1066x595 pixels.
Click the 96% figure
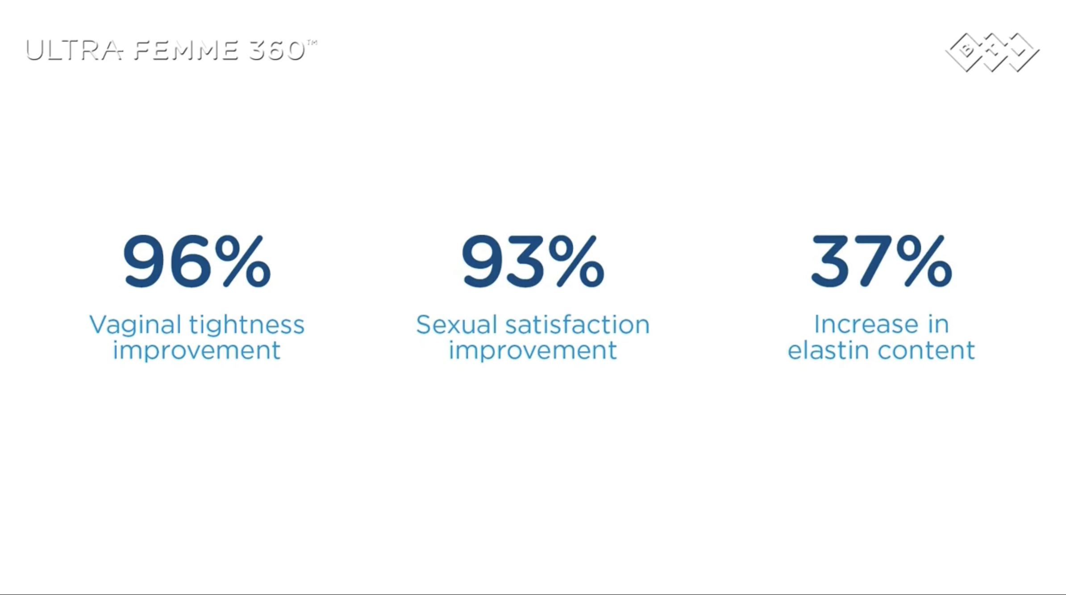point(197,261)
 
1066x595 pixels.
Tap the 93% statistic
point(533,261)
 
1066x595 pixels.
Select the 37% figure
point(881,261)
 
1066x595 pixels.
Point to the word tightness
point(247,325)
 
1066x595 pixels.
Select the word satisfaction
point(577,325)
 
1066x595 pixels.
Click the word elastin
point(829,350)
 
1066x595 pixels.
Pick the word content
point(926,350)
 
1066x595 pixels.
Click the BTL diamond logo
point(992,52)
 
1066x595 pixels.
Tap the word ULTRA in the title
point(74,50)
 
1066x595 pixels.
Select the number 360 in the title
point(276,50)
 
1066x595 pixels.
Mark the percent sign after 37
point(924,261)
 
